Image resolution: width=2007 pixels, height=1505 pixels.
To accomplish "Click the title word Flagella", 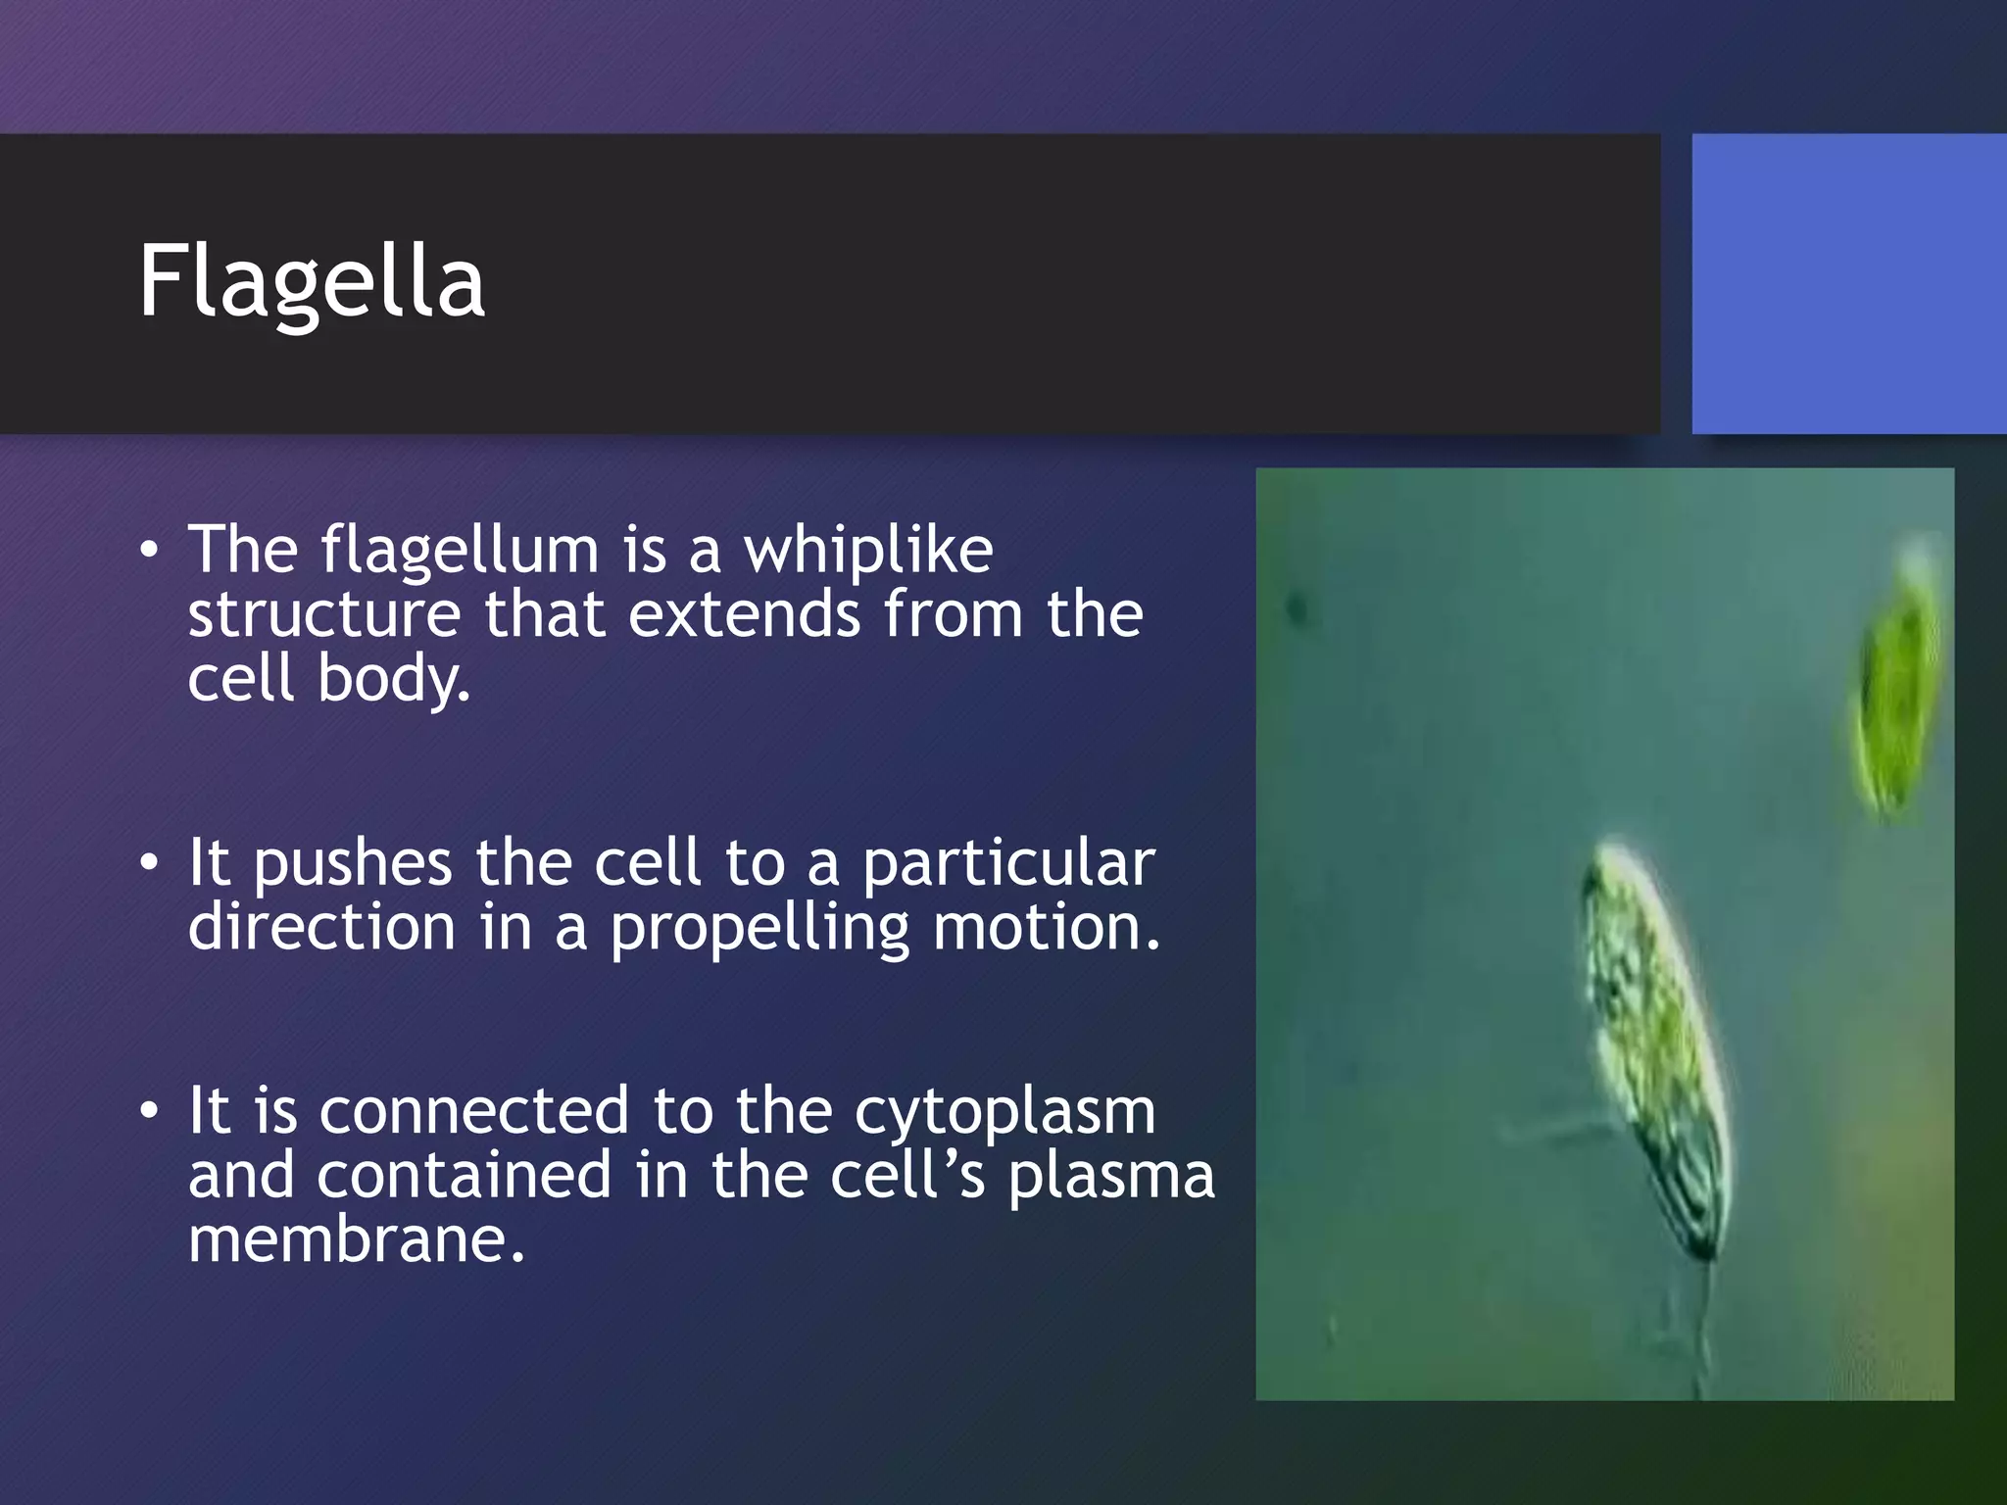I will pos(312,282).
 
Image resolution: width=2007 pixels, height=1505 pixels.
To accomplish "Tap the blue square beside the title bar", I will pos(1848,283).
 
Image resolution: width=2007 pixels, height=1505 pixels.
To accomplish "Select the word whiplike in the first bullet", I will pos(867,551).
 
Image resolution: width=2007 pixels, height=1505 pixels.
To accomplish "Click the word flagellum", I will pos(460,551).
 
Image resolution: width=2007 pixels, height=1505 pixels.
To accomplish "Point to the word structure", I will pos(323,615).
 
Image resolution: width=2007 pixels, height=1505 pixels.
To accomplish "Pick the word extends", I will pos(744,615).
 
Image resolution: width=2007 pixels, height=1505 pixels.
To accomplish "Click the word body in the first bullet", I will pos(392,678).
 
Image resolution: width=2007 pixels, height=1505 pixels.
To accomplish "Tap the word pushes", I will pos(352,864).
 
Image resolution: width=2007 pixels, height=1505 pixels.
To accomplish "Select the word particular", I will pos(1008,864).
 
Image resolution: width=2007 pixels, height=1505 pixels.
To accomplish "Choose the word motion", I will pos(1045,927).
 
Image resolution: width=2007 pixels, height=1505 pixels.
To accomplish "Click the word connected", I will pos(473,1111).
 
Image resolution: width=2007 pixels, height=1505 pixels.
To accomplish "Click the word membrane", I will pos(356,1240).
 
